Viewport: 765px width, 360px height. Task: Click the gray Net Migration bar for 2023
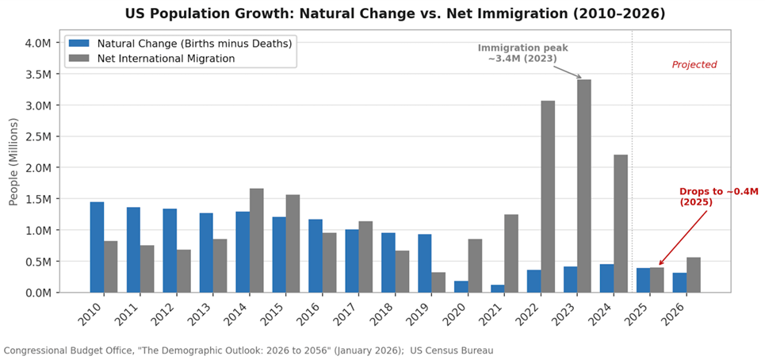click(584, 186)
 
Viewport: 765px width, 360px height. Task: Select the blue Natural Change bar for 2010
click(97, 247)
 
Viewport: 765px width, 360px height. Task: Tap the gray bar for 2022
click(548, 196)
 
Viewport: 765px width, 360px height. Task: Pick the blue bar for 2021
click(497, 289)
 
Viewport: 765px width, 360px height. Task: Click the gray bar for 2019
click(438, 282)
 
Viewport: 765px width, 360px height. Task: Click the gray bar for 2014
click(257, 240)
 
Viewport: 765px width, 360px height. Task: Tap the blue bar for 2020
click(461, 286)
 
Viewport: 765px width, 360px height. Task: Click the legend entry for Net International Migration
click(166, 58)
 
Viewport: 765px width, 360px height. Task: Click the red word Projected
click(694, 65)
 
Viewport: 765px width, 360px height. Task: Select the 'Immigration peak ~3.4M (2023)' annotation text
click(522, 53)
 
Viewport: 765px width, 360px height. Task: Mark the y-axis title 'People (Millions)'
click(13, 162)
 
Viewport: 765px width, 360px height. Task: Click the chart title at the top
click(395, 13)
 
